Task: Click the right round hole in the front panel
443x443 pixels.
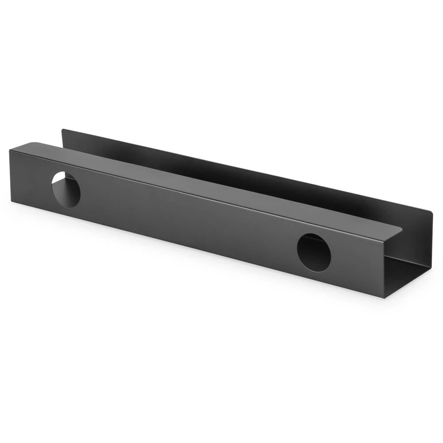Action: [x=314, y=253]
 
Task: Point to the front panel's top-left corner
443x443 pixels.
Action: [x=10, y=151]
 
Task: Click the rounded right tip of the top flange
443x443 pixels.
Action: [x=401, y=229]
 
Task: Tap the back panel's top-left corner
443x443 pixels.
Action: [x=62, y=130]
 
